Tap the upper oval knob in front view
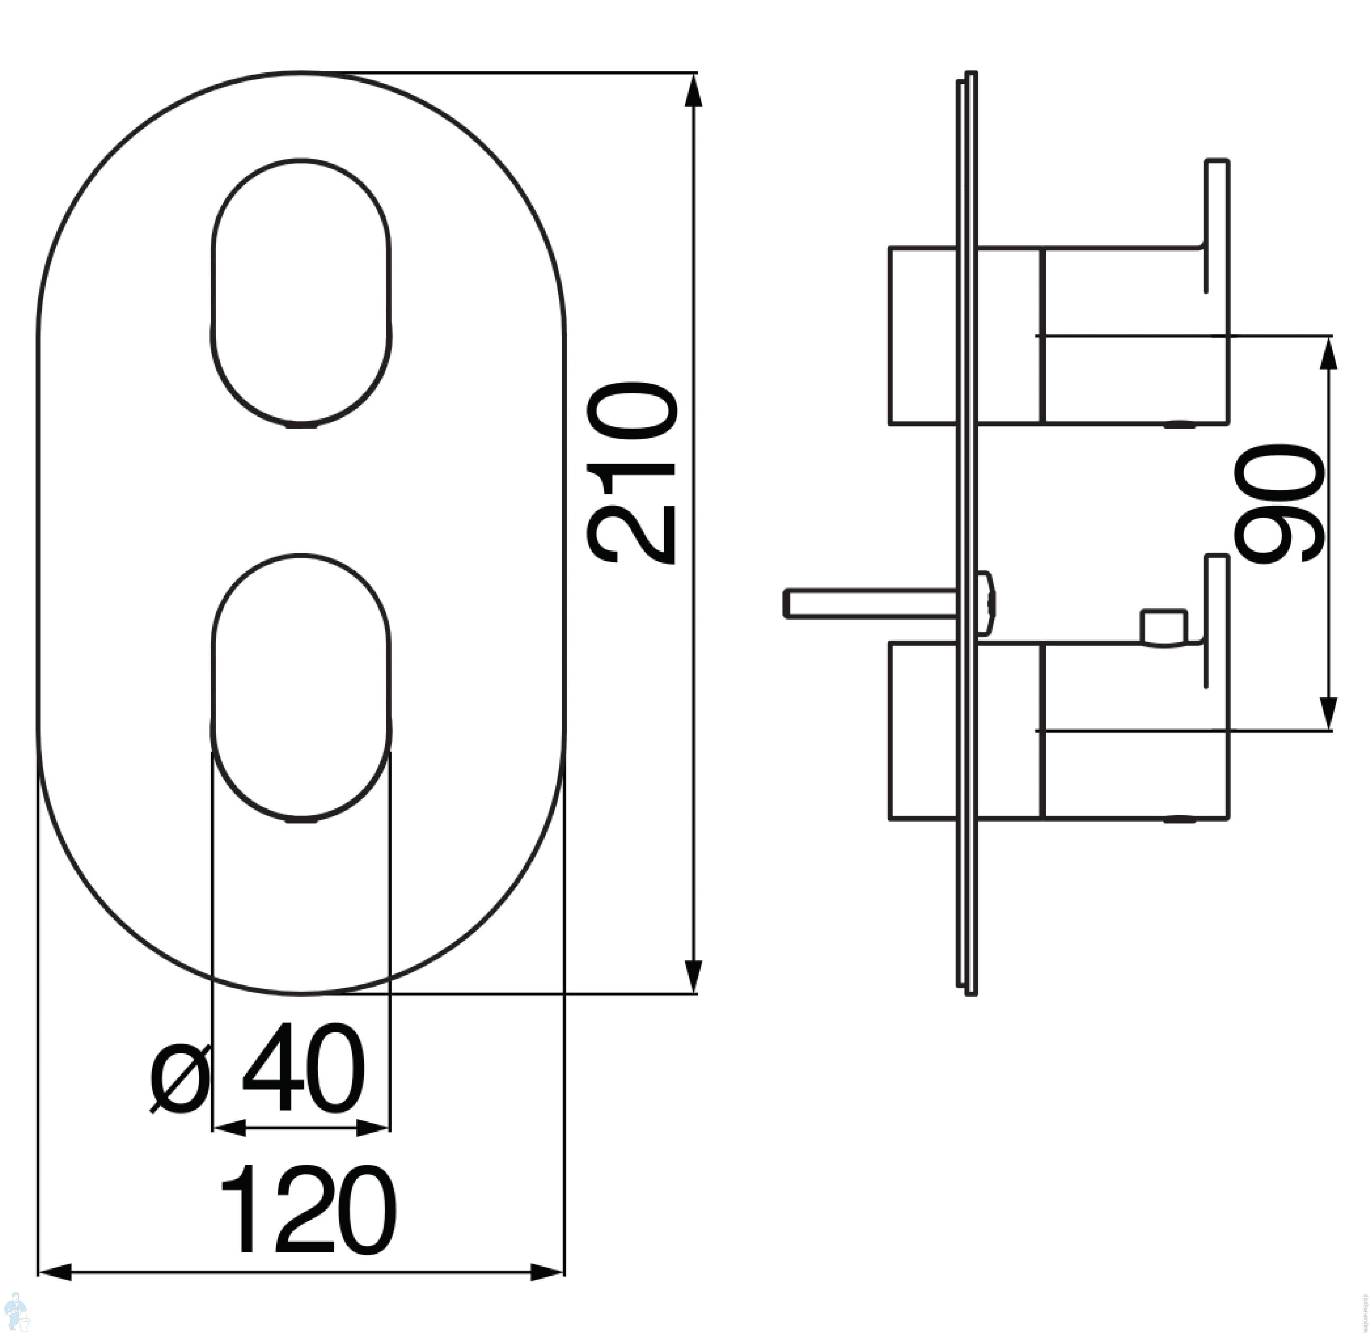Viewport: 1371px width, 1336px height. (301, 293)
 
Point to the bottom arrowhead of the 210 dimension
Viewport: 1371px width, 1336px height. (693, 976)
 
